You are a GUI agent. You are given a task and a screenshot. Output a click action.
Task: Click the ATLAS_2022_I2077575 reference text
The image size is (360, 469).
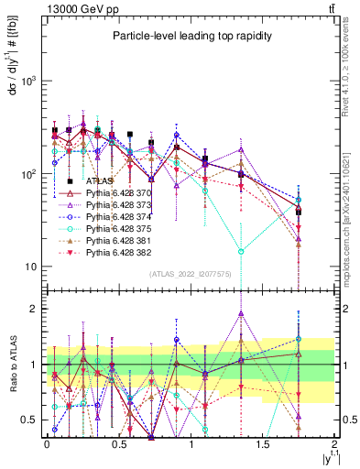pyautogui.click(x=190, y=274)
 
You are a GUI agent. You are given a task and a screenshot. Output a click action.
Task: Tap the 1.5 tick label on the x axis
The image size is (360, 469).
pyautogui.click(x=262, y=443)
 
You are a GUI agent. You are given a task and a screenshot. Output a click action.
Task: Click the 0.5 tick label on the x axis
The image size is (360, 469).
pyautogui.click(x=118, y=443)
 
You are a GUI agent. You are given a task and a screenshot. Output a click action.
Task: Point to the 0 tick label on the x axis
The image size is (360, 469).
pyautogui.click(x=47, y=443)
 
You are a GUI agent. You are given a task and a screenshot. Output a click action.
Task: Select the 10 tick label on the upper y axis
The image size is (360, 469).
pyautogui.click(x=31, y=267)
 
